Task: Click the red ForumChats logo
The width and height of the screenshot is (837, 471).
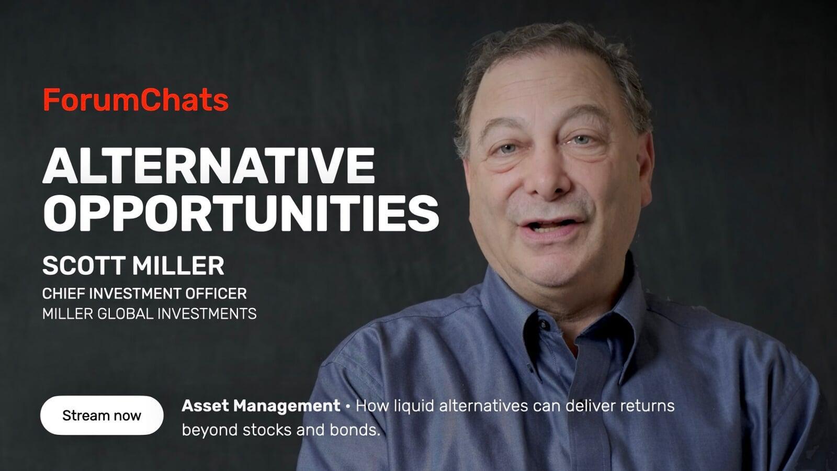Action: (x=135, y=99)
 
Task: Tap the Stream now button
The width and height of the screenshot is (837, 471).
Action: (x=101, y=416)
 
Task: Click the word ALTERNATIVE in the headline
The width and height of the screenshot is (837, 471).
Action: (x=209, y=165)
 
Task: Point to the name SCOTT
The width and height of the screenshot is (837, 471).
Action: (x=84, y=266)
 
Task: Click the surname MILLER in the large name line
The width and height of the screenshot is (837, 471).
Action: (x=178, y=266)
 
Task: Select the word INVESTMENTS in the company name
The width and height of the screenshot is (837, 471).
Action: (x=207, y=313)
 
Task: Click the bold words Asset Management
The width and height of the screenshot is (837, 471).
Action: (x=261, y=406)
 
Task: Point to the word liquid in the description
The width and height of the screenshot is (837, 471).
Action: (x=414, y=406)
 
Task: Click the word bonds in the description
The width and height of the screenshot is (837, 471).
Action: (x=355, y=430)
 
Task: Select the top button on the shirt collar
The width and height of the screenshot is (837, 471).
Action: (x=543, y=325)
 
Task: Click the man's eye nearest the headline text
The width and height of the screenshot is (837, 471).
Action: (x=507, y=149)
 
